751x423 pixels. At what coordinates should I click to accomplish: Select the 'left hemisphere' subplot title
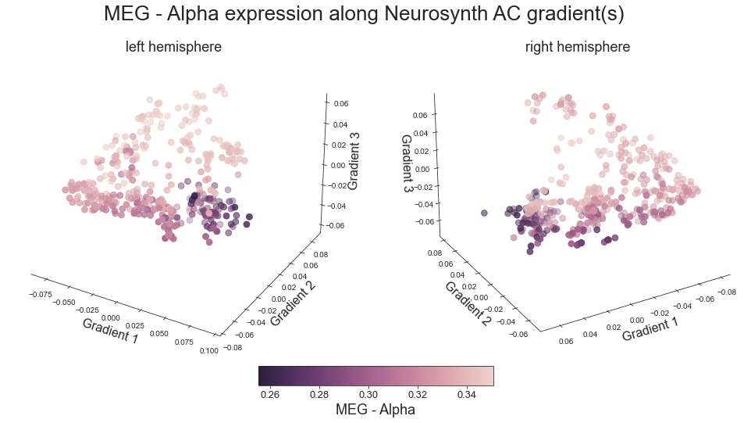click(173, 47)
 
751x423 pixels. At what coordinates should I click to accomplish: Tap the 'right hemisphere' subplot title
click(577, 47)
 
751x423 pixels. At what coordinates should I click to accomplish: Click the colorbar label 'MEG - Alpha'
click(375, 410)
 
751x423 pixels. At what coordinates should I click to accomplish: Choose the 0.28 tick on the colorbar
click(319, 395)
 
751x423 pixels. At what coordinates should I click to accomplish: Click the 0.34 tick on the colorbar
click(467, 395)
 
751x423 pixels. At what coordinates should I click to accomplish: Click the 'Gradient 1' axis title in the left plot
click(110, 331)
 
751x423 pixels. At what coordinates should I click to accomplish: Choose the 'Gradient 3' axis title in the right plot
click(407, 164)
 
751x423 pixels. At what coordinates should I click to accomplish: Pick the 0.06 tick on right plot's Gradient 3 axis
click(419, 116)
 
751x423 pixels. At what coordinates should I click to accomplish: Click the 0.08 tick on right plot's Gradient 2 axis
click(434, 253)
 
